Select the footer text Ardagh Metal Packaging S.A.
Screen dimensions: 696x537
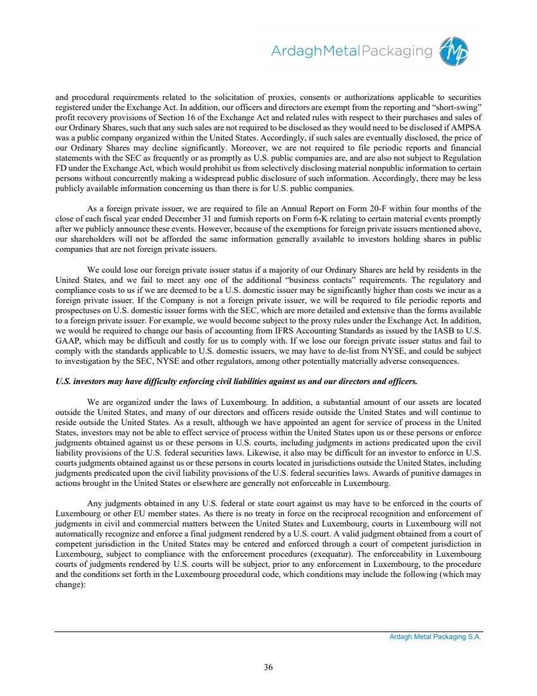coord(435,637)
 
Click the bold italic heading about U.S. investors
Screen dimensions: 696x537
coord(237,382)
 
